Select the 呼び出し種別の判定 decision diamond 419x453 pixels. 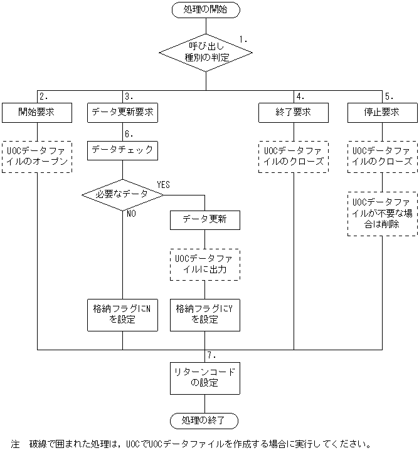coord(206,52)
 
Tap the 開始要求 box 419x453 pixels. coord(36,113)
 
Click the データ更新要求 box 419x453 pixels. coord(122,113)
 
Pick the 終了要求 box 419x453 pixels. coord(294,113)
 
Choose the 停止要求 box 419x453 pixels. coord(382,113)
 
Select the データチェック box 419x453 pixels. coord(122,150)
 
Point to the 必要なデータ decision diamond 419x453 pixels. coord(122,194)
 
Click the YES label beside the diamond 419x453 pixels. coord(163,185)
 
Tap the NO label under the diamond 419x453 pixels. coord(132,213)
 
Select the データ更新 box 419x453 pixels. coord(205,220)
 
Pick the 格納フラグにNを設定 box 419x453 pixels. coord(122,314)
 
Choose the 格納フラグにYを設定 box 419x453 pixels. coord(205,314)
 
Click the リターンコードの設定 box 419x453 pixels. coord(205,377)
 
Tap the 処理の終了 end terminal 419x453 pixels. coord(205,420)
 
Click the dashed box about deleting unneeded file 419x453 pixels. coord(382,214)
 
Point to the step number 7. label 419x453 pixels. coord(211,355)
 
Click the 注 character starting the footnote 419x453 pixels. coord(15,444)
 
